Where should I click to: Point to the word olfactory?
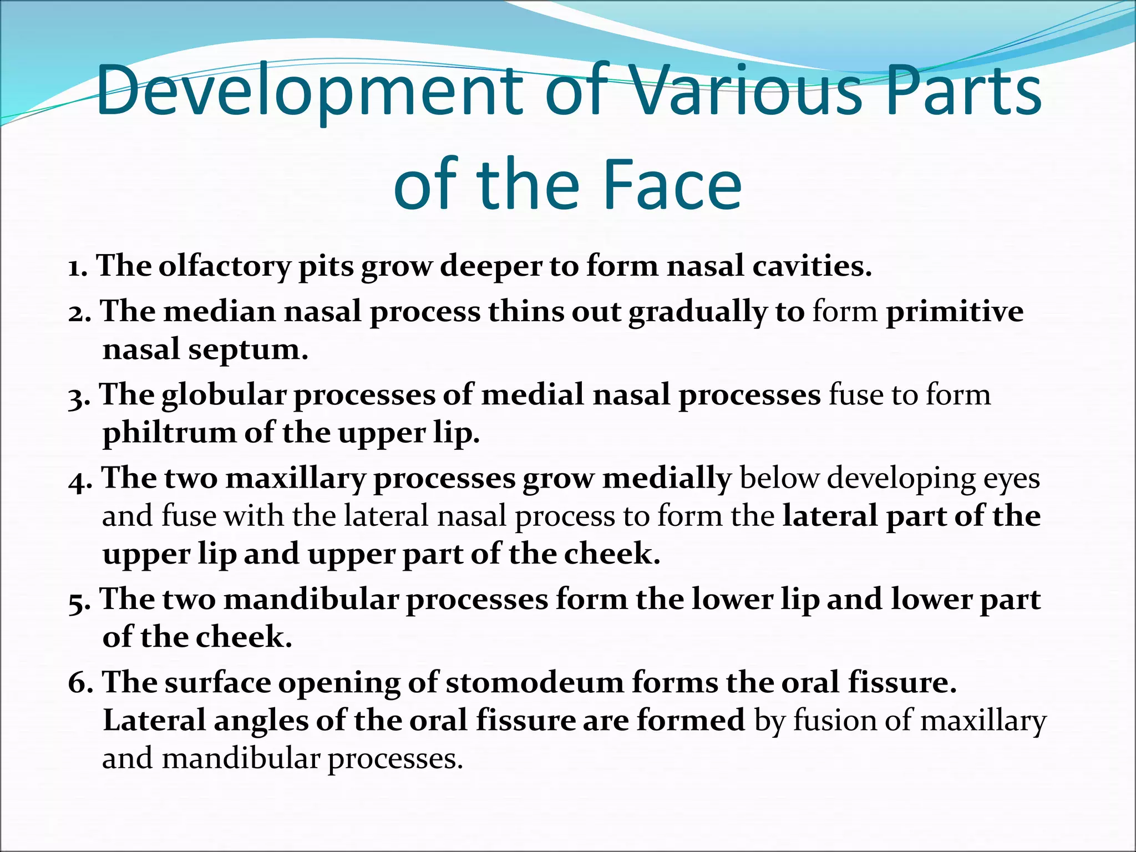224,266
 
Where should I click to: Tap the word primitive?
954,311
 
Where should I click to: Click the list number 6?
79,683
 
